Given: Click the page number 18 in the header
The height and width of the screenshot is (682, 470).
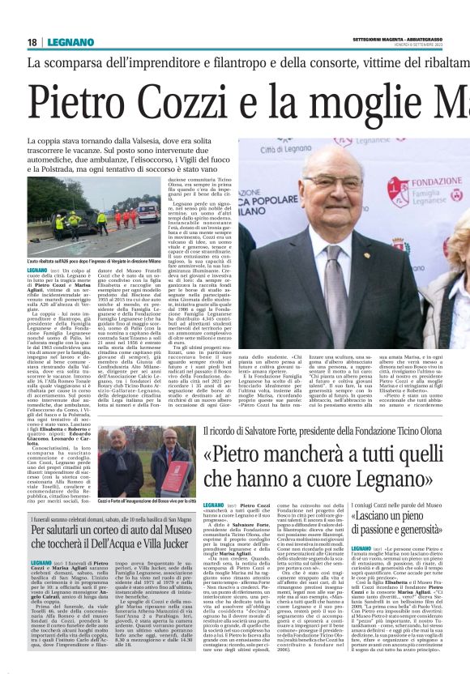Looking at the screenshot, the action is click(32, 41).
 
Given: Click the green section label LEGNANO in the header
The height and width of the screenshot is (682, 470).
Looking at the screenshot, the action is click(67, 41).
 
